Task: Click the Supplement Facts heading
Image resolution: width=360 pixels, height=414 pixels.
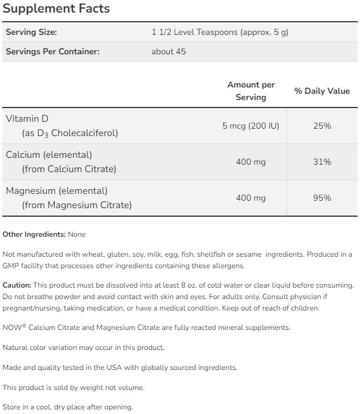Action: pos(57,9)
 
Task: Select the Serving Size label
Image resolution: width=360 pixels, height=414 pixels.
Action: pos(31,32)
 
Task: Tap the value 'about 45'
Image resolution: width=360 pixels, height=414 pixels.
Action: pos(169,51)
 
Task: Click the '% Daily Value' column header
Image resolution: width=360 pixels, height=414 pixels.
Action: pos(322,91)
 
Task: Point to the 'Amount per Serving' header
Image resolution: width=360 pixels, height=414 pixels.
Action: pos(251,91)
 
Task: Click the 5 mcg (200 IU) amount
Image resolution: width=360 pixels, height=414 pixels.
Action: pos(251,126)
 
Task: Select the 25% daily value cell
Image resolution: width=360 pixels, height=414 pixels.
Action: pos(322,126)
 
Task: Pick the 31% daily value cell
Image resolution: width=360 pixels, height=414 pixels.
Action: pos(322,162)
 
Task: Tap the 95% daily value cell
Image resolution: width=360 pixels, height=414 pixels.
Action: pos(322,198)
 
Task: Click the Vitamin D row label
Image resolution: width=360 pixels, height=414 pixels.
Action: pos(27,118)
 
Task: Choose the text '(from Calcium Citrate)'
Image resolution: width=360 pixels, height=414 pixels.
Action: pos(69,169)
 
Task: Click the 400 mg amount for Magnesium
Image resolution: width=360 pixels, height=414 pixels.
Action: pos(251,198)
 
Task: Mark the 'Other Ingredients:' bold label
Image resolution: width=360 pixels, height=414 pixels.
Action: pos(34,234)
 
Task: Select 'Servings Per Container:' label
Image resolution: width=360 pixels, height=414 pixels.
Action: pos(53,51)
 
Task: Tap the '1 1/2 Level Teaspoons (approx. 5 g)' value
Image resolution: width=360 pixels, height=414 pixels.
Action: pos(219,32)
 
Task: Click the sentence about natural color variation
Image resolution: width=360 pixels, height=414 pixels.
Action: pos(83,348)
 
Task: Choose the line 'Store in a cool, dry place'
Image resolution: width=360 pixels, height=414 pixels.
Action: pos(67,407)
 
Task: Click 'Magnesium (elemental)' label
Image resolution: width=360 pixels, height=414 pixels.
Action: pos(57,190)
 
